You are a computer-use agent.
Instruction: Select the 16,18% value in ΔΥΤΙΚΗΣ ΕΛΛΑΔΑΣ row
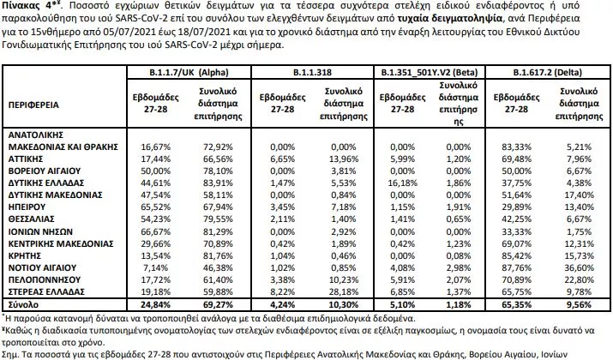point(391,183)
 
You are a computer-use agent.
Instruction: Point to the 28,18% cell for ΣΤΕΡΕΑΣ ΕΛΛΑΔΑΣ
point(340,291)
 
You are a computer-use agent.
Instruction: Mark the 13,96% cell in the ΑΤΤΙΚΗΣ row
point(340,159)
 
